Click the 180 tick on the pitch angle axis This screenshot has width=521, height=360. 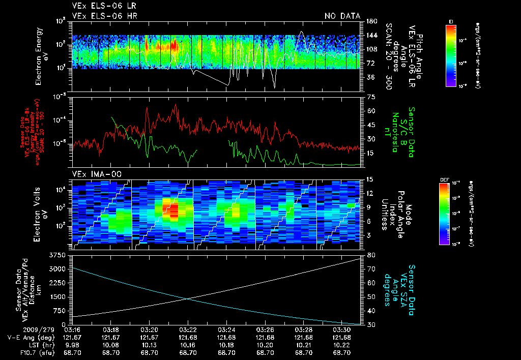pos(370,21)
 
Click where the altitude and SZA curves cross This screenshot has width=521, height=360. pos(188,298)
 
